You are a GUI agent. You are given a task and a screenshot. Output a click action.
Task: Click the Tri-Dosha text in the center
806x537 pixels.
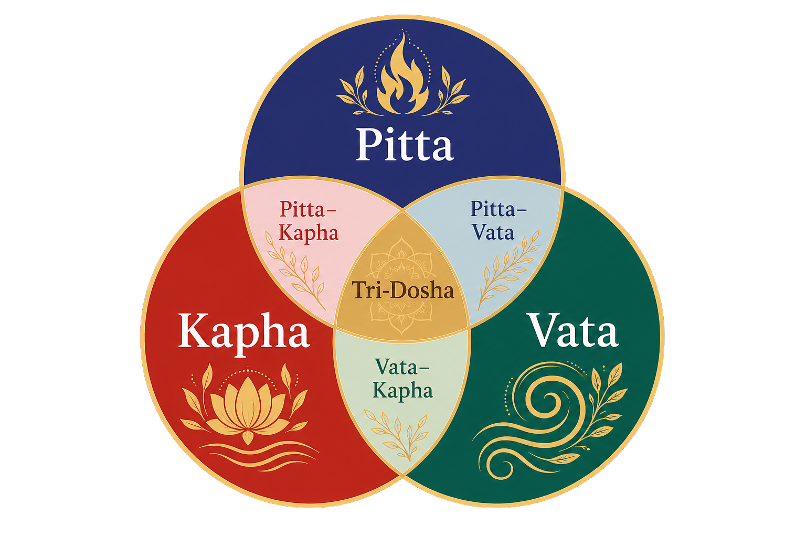pyautogui.click(x=402, y=290)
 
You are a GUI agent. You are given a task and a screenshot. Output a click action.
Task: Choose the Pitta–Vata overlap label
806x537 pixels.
pyautogui.click(x=499, y=220)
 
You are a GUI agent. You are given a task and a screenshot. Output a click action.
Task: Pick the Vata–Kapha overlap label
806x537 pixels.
pyautogui.click(x=402, y=379)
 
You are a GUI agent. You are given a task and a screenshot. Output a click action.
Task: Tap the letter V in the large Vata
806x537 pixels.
pyautogui.click(x=546, y=330)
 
